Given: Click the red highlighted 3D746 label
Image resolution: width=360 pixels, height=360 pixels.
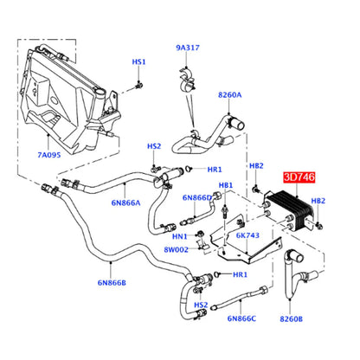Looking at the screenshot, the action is [x=299, y=177].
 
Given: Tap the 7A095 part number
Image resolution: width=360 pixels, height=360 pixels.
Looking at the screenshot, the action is [x=49, y=155].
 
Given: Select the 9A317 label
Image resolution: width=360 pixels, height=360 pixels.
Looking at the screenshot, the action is [x=188, y=48].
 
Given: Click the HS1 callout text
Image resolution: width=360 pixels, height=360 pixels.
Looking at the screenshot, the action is [x=138, y=62].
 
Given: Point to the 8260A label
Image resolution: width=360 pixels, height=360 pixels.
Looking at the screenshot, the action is [x=229, y=94].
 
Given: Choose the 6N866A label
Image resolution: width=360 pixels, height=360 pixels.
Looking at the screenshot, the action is [x=125, y=202].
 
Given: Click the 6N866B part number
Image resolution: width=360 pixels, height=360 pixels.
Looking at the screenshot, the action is [x=112, y=283].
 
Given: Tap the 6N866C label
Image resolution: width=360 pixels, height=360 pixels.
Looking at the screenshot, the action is [x=241, y=318].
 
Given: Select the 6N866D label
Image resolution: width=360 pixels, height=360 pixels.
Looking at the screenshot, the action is [x=197, y=197].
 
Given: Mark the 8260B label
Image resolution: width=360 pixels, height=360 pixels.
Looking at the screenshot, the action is [x=291, y=319].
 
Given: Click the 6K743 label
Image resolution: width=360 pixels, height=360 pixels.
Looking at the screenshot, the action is [x=247, y=235].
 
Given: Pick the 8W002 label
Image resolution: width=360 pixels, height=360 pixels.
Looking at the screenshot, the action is [x=176, y=249].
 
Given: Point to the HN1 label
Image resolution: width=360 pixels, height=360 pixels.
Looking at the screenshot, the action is [x=180, y=237].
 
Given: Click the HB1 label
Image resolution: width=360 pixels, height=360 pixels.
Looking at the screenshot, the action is [x=226, y=185].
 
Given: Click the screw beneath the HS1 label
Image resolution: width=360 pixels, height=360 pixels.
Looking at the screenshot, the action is [x=139, y=85].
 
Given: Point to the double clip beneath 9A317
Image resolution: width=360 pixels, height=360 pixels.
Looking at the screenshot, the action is [x=187, y=80].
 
